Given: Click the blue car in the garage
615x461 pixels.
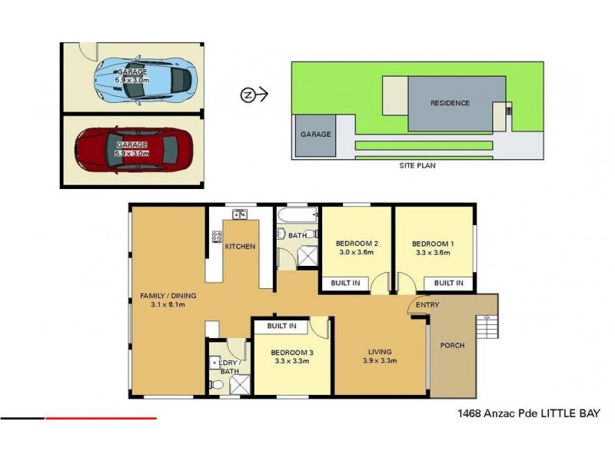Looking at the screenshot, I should (145, 78).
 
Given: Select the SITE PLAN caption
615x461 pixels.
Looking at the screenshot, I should (417, 164).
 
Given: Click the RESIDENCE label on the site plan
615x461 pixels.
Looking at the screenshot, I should (450, 103).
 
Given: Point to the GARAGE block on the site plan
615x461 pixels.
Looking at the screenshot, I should (315, 134).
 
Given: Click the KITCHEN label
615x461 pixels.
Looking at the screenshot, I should (240, 247).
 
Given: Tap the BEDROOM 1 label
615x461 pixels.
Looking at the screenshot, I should (433, 244).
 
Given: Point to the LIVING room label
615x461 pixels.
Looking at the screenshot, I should (380, 353).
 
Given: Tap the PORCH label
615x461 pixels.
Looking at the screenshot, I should (452, 346).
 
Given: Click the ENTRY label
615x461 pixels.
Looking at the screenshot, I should (427, 306).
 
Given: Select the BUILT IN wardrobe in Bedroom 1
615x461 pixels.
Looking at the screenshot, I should (448, 284).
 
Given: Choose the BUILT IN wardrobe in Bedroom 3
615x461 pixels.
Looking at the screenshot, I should (281, 327).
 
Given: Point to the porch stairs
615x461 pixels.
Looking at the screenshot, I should (487, 327).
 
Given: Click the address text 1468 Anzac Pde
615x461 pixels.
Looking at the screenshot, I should (483, 413).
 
